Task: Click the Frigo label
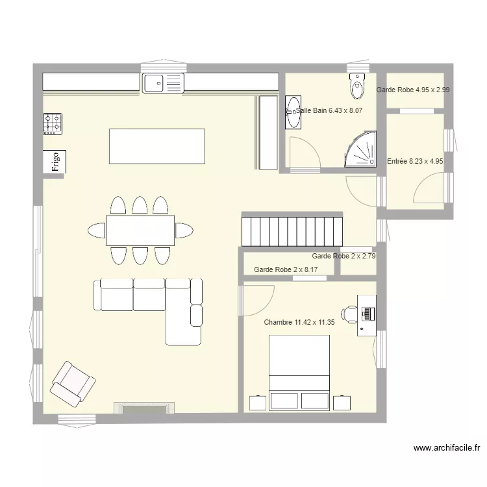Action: tap(56, 162)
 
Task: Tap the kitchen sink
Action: tap(163, 83)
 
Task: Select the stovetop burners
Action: tap(53, 124)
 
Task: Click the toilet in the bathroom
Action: tap(357, 86)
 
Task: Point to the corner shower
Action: tap(361, 149)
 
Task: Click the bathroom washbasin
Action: tap(293, 112)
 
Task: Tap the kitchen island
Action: tap(157, 146)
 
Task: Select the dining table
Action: tap(140, 231)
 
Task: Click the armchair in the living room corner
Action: tap(73, 384)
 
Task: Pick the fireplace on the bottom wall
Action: tap(144, 408)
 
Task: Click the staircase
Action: tap(292, 229)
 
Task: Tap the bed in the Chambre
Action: tap(299, 373)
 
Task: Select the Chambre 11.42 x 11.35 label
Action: tap(299, 322)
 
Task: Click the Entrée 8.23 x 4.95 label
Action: tap(415, 161)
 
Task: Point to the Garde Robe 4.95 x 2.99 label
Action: tap(413, 90)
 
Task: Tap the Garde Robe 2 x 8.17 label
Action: tap(286, 269)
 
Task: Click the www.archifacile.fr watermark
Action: tap(447, 448)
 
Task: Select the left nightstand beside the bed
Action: tap(258, 403)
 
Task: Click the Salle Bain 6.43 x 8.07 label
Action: tap(329, 110)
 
